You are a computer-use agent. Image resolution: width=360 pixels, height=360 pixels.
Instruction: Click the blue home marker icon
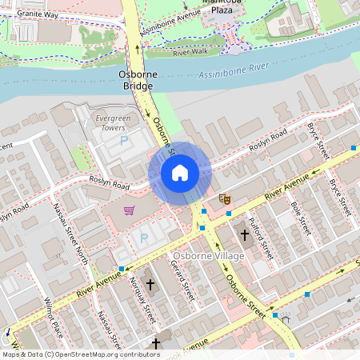click(180, 173)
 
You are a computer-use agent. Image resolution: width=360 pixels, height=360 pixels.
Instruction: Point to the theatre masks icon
click(225, 198)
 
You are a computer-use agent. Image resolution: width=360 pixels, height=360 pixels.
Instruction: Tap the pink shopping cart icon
click(130, 211)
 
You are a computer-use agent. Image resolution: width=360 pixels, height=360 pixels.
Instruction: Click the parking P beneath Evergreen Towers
click(124, 141)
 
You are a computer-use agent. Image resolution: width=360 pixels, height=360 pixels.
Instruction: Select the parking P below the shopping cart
click(145, 238)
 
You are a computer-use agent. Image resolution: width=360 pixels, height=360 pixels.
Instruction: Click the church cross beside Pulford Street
click(245, 235)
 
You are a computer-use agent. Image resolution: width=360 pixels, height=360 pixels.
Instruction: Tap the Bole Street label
click(299, 215)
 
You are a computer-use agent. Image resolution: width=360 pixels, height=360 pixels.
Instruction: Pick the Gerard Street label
click(184, 285)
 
